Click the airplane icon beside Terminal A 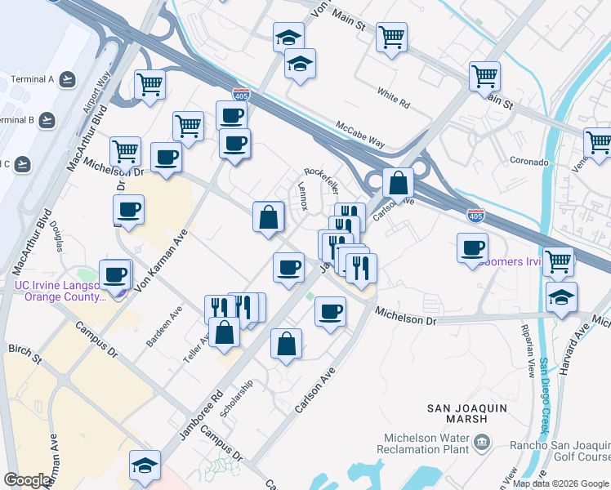click(x=67, y=79)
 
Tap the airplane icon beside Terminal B click(x=47, y=120)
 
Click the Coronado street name click(x=529, y=162)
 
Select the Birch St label click(x=25, y=353)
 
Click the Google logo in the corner click(x=28, y=480)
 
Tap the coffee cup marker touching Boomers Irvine click(x=472, y=248)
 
